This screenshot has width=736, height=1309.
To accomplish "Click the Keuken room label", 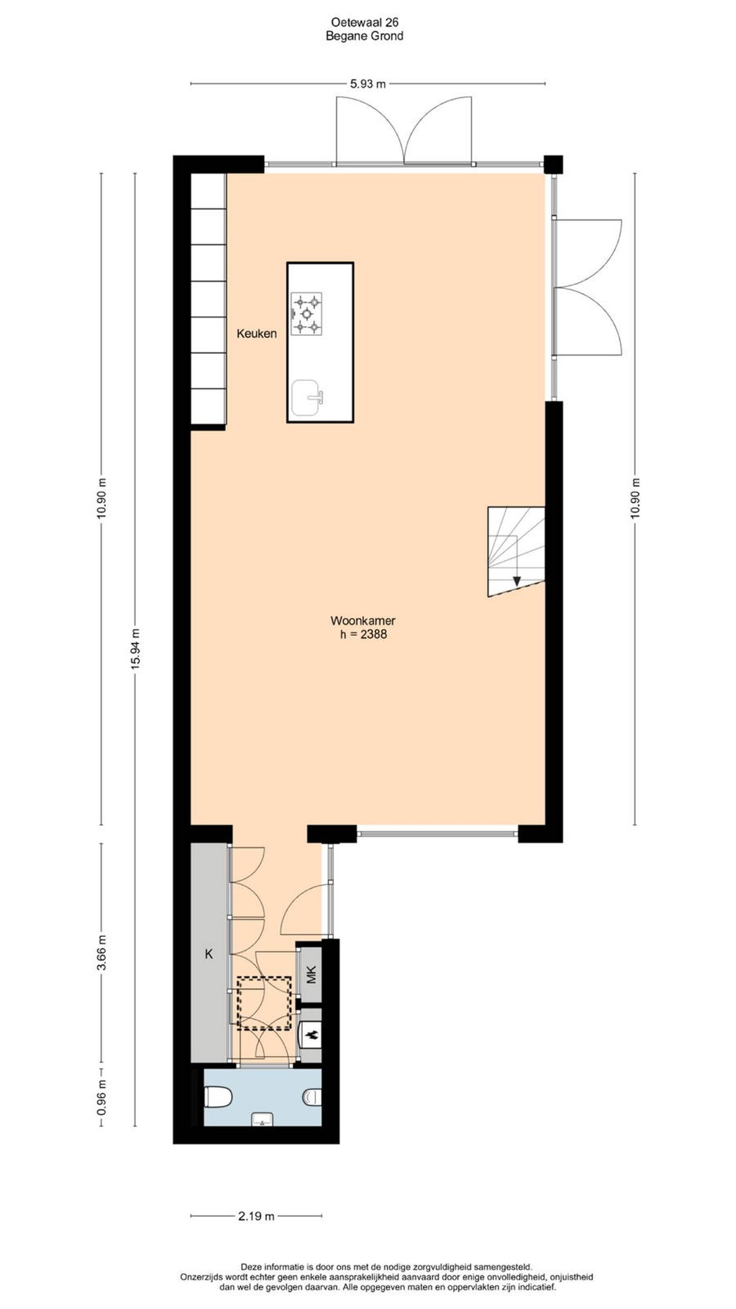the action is [256, 334].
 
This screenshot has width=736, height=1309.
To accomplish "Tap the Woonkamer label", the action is [363, 621].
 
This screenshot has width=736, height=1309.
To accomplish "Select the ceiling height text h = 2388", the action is [363, 634].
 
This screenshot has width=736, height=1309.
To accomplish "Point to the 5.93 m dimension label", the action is [368, 84].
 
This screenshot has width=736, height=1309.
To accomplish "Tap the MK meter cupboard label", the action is [311, 974].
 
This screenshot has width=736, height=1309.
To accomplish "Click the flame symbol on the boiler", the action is [311, 1034].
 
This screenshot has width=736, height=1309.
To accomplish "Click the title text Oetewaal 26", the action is [365, 22].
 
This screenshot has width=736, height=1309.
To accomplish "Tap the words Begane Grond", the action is [365, 36].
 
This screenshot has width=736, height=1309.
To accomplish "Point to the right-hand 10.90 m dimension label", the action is [635, 499].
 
